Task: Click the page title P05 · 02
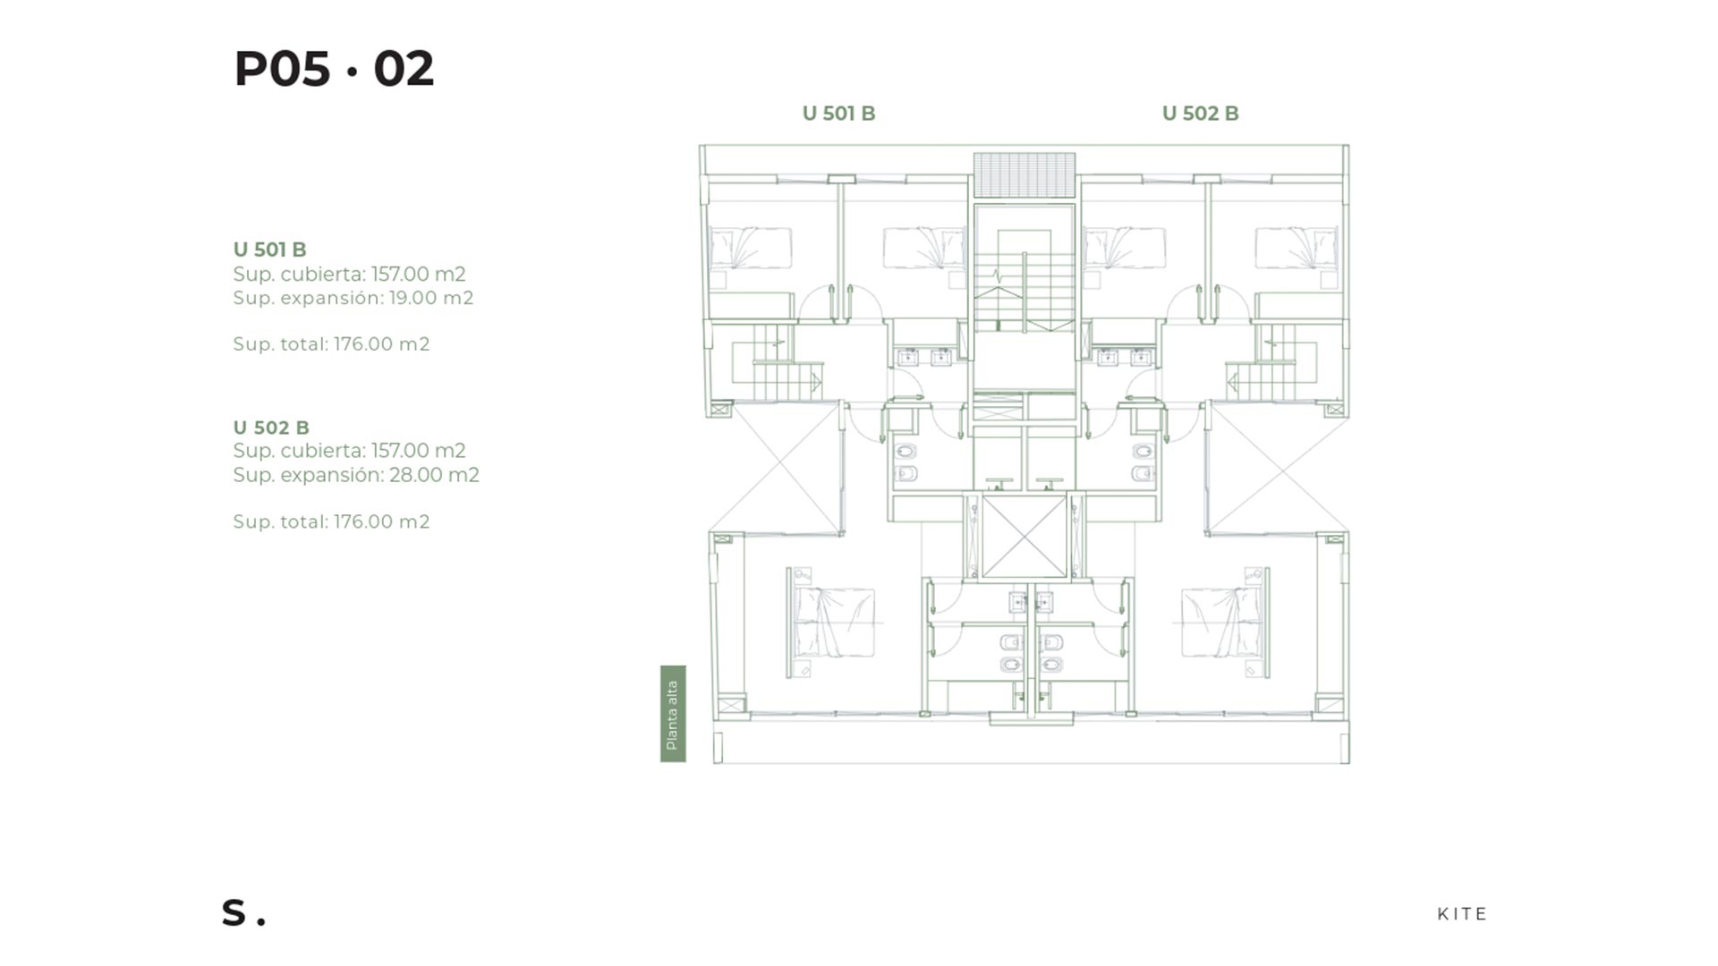(x=334, y=69)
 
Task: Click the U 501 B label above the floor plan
(x=838, y=114)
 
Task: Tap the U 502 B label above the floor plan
(x=1200, y=114)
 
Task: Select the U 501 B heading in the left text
(x=269, y=250)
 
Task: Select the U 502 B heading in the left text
(x=271, y=428)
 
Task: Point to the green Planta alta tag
(x=673, y=714)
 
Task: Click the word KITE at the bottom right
(x=1462, y=914)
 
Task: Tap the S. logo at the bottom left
(x=243, y=912)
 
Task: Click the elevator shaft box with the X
(x=1025, y=537)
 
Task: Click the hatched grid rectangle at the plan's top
(x=1025, y=175)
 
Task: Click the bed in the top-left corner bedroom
(x=751, y=248)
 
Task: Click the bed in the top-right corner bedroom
(x=1297, y=248)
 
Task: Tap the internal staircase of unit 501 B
(x=777, y=362)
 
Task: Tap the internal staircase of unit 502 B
(x=1271, y=362)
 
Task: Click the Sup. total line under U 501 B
(x=331, y=344)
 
